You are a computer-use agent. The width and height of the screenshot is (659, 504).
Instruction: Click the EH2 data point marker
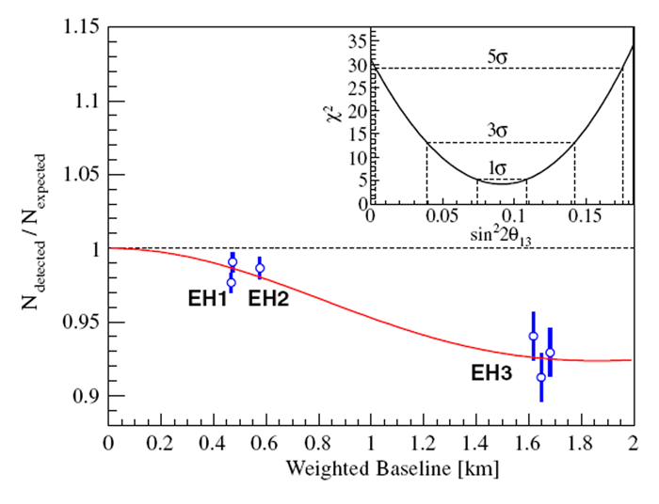tap(260, 268)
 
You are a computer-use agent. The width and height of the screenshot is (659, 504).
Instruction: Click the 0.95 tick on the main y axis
tap(83, 323)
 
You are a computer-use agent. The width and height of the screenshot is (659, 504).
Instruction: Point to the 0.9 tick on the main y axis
tap(88, 396)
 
